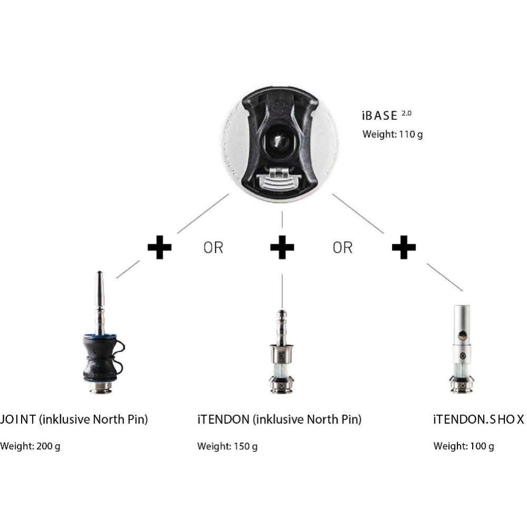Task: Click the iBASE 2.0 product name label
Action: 387,116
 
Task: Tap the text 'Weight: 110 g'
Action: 392,135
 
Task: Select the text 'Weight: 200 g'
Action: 30,446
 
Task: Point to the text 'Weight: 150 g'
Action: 227,446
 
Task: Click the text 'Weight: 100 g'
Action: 464,446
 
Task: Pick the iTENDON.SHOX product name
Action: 478,419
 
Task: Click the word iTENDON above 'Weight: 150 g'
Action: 224,419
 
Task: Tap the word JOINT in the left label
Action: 18,419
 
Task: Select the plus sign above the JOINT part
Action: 160,247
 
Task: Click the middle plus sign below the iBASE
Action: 282,247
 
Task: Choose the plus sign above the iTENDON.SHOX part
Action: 404,247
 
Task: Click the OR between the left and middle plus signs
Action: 214,248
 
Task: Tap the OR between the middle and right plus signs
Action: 343,248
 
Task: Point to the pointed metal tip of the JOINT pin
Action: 100,273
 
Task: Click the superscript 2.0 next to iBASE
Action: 406,113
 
